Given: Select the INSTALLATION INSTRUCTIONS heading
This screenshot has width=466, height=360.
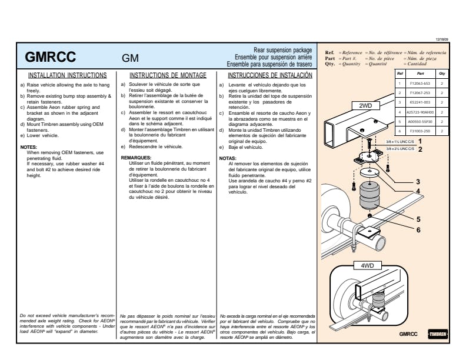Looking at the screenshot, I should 68,75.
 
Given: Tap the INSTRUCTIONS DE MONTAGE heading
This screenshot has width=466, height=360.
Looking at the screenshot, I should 168,75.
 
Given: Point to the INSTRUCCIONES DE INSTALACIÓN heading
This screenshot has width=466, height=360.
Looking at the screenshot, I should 270,75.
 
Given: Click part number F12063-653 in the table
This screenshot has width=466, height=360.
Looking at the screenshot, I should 419,83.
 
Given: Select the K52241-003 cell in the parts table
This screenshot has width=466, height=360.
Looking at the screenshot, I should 419,102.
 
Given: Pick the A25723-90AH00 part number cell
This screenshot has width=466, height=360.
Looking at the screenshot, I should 419,112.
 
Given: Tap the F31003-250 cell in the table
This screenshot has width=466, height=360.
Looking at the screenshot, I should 419,131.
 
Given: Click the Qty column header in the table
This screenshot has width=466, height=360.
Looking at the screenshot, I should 441,74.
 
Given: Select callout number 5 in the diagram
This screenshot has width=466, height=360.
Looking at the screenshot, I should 418,219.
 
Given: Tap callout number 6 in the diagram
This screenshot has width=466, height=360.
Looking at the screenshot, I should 418,229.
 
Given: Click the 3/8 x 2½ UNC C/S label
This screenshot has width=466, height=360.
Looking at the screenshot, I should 400,149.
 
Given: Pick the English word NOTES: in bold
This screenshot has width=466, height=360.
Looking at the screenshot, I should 29,146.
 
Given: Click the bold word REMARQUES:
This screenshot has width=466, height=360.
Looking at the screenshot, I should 137,158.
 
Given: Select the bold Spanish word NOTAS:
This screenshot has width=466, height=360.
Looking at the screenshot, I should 228,158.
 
